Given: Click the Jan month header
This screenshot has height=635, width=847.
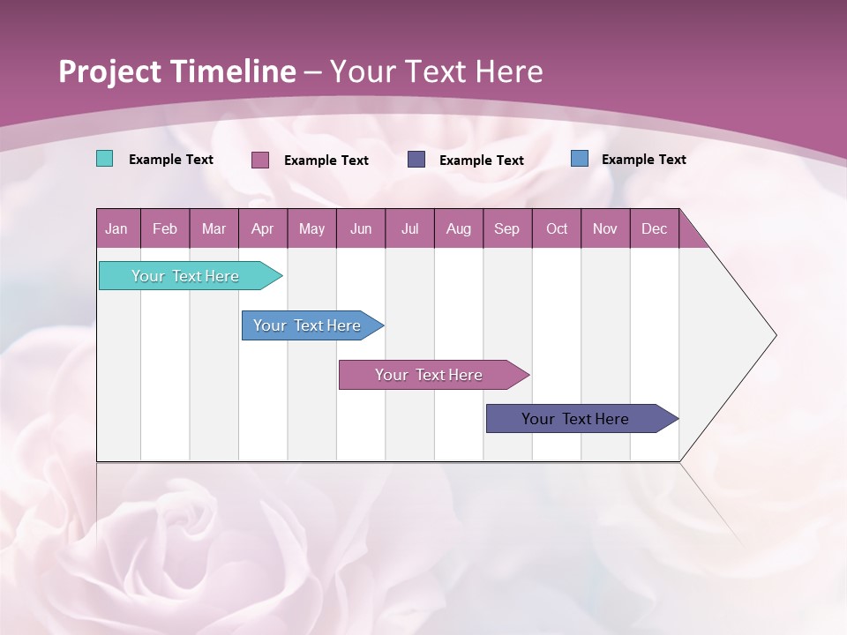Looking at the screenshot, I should point(117,228).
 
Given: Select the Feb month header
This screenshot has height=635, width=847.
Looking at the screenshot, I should point(165,228).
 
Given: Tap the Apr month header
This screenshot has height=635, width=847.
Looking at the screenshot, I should point(263,228).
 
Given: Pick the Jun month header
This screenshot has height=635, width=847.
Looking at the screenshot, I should point(361,228).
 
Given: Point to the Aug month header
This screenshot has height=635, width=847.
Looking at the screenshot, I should point(459,228).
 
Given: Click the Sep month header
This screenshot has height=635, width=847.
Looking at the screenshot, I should point(507,228).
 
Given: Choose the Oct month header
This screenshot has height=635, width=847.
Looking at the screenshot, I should point(557,228).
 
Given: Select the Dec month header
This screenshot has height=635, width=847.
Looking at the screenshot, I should point(655,228).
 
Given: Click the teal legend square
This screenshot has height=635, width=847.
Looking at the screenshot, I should point(105,159).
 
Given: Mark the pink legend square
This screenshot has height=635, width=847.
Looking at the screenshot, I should point(260,160).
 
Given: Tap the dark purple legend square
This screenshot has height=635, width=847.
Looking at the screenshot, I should point(416,159).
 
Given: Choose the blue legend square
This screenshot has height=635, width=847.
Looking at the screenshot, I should point(580,159).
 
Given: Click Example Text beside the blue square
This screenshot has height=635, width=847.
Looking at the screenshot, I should point(643,159).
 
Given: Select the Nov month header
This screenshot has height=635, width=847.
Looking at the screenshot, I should point(605,228).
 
